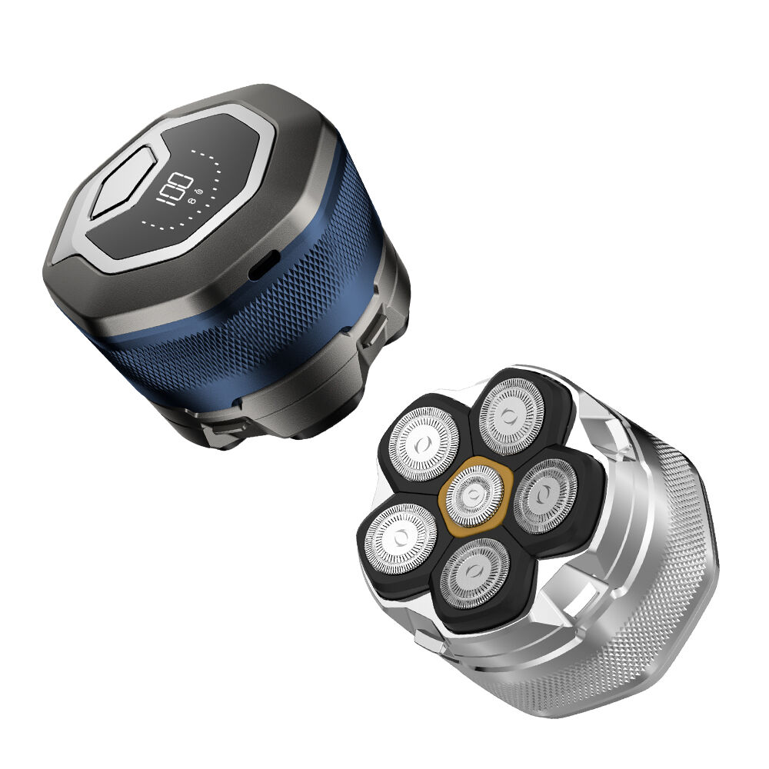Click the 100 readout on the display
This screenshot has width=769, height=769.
174,188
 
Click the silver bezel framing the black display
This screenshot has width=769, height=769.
265,161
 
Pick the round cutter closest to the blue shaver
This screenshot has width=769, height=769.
424,444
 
